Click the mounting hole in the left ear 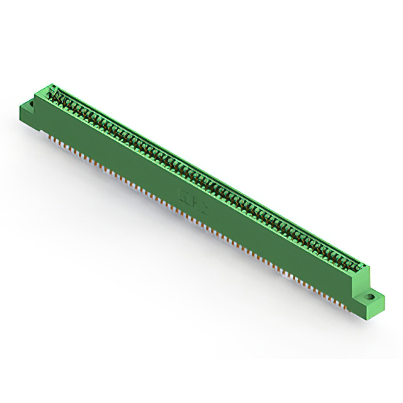pos(31,101)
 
